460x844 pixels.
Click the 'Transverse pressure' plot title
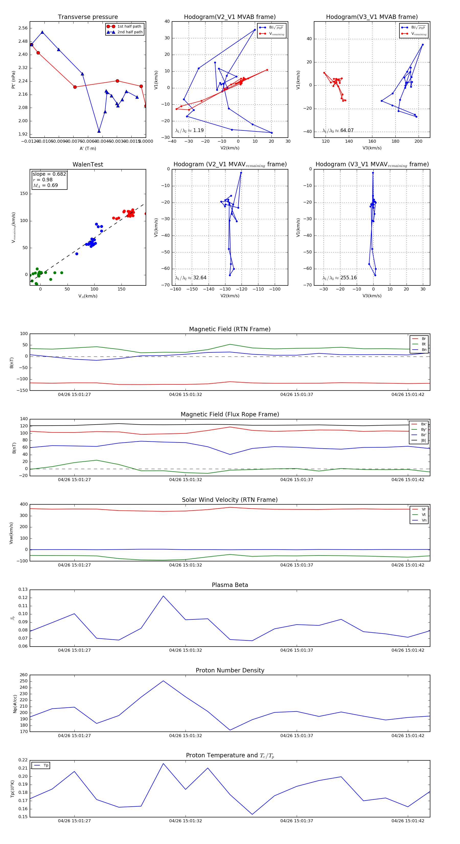(88, 17)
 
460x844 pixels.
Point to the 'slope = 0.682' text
(49, 174)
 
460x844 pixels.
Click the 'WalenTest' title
(88, 164)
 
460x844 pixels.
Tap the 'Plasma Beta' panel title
(230, 585)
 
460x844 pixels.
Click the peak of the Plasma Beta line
(163, 596)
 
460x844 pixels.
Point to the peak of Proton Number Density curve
(163, 681)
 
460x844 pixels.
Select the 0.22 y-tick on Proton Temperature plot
(23, 760)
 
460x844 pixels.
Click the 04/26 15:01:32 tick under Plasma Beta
(185, 650)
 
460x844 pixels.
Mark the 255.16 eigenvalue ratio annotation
(348, 278)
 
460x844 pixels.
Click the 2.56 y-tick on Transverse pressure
(23, 28)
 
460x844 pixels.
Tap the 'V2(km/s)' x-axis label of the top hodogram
(230, 148)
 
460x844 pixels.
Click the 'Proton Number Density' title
(230, 670)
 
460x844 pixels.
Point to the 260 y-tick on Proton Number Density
(24, 675)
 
